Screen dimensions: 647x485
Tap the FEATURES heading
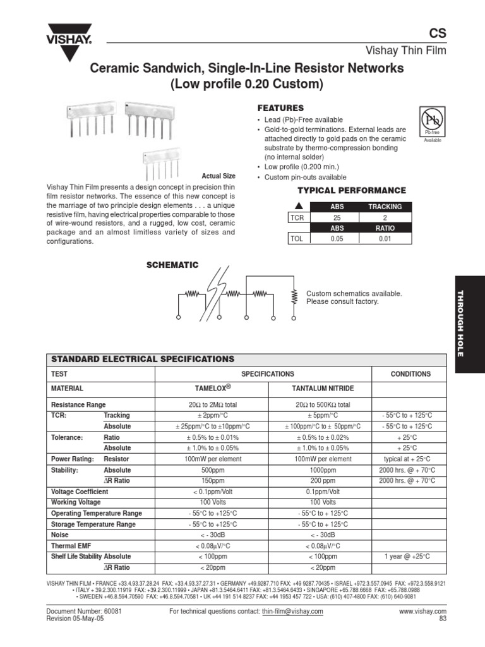(280, 108)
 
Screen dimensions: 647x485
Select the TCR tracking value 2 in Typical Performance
(385, 217)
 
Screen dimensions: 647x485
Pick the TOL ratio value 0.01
(385, 239)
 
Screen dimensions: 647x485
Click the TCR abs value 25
(337, 217)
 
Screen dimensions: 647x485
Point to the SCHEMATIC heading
(172, 265)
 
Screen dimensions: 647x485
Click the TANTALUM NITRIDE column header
(323, 388)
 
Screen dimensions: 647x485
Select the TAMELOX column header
(212, 388)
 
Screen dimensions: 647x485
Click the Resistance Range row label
(78, 404)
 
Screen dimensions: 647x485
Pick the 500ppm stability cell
(212, 470)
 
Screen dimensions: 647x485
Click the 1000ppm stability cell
(323, 470)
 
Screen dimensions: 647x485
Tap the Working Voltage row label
(75, 502)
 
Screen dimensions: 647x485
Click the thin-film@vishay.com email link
(292, 612)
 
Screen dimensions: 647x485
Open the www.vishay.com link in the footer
(422, 612)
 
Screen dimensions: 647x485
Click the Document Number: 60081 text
(84, 612)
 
